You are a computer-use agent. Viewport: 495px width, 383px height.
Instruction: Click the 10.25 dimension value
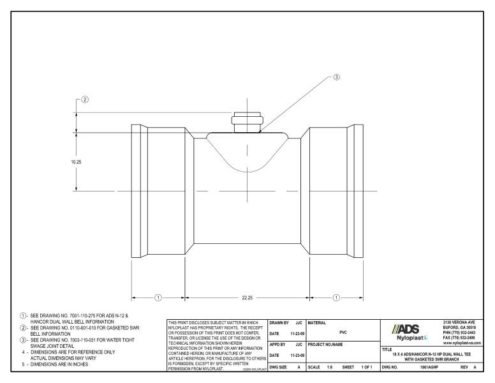[77, 162]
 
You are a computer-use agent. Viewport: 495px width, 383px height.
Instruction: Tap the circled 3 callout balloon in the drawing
[337, 78]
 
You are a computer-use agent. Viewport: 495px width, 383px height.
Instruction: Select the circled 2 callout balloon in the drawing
[84, 100]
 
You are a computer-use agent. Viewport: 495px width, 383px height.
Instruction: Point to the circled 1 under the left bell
[158, 297]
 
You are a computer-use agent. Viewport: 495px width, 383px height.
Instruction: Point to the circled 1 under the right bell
[336, 297]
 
